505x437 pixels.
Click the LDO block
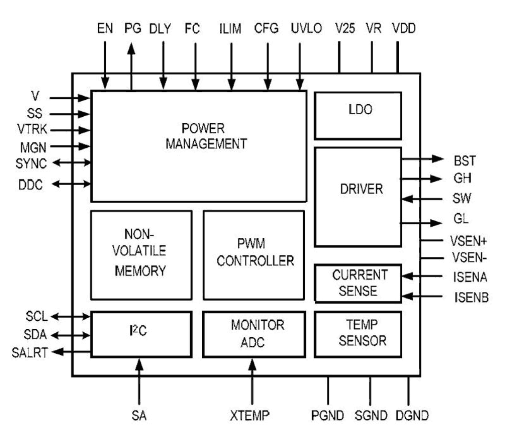357,116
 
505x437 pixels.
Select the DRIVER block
357,197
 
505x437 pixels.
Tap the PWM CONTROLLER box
253,255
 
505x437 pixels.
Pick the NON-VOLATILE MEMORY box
141,255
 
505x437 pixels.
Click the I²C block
141,334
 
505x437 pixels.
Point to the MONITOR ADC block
254,334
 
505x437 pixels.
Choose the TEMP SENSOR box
357,334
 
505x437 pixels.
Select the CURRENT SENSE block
357,283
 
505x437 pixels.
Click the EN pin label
105,29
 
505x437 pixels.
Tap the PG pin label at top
132,29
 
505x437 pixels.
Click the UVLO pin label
306,29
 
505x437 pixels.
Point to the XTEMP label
250,415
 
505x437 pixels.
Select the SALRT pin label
30,353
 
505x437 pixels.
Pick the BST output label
464,161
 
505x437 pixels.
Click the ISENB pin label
471,298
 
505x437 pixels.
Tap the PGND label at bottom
328,415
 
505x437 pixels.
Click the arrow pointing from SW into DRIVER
420,199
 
